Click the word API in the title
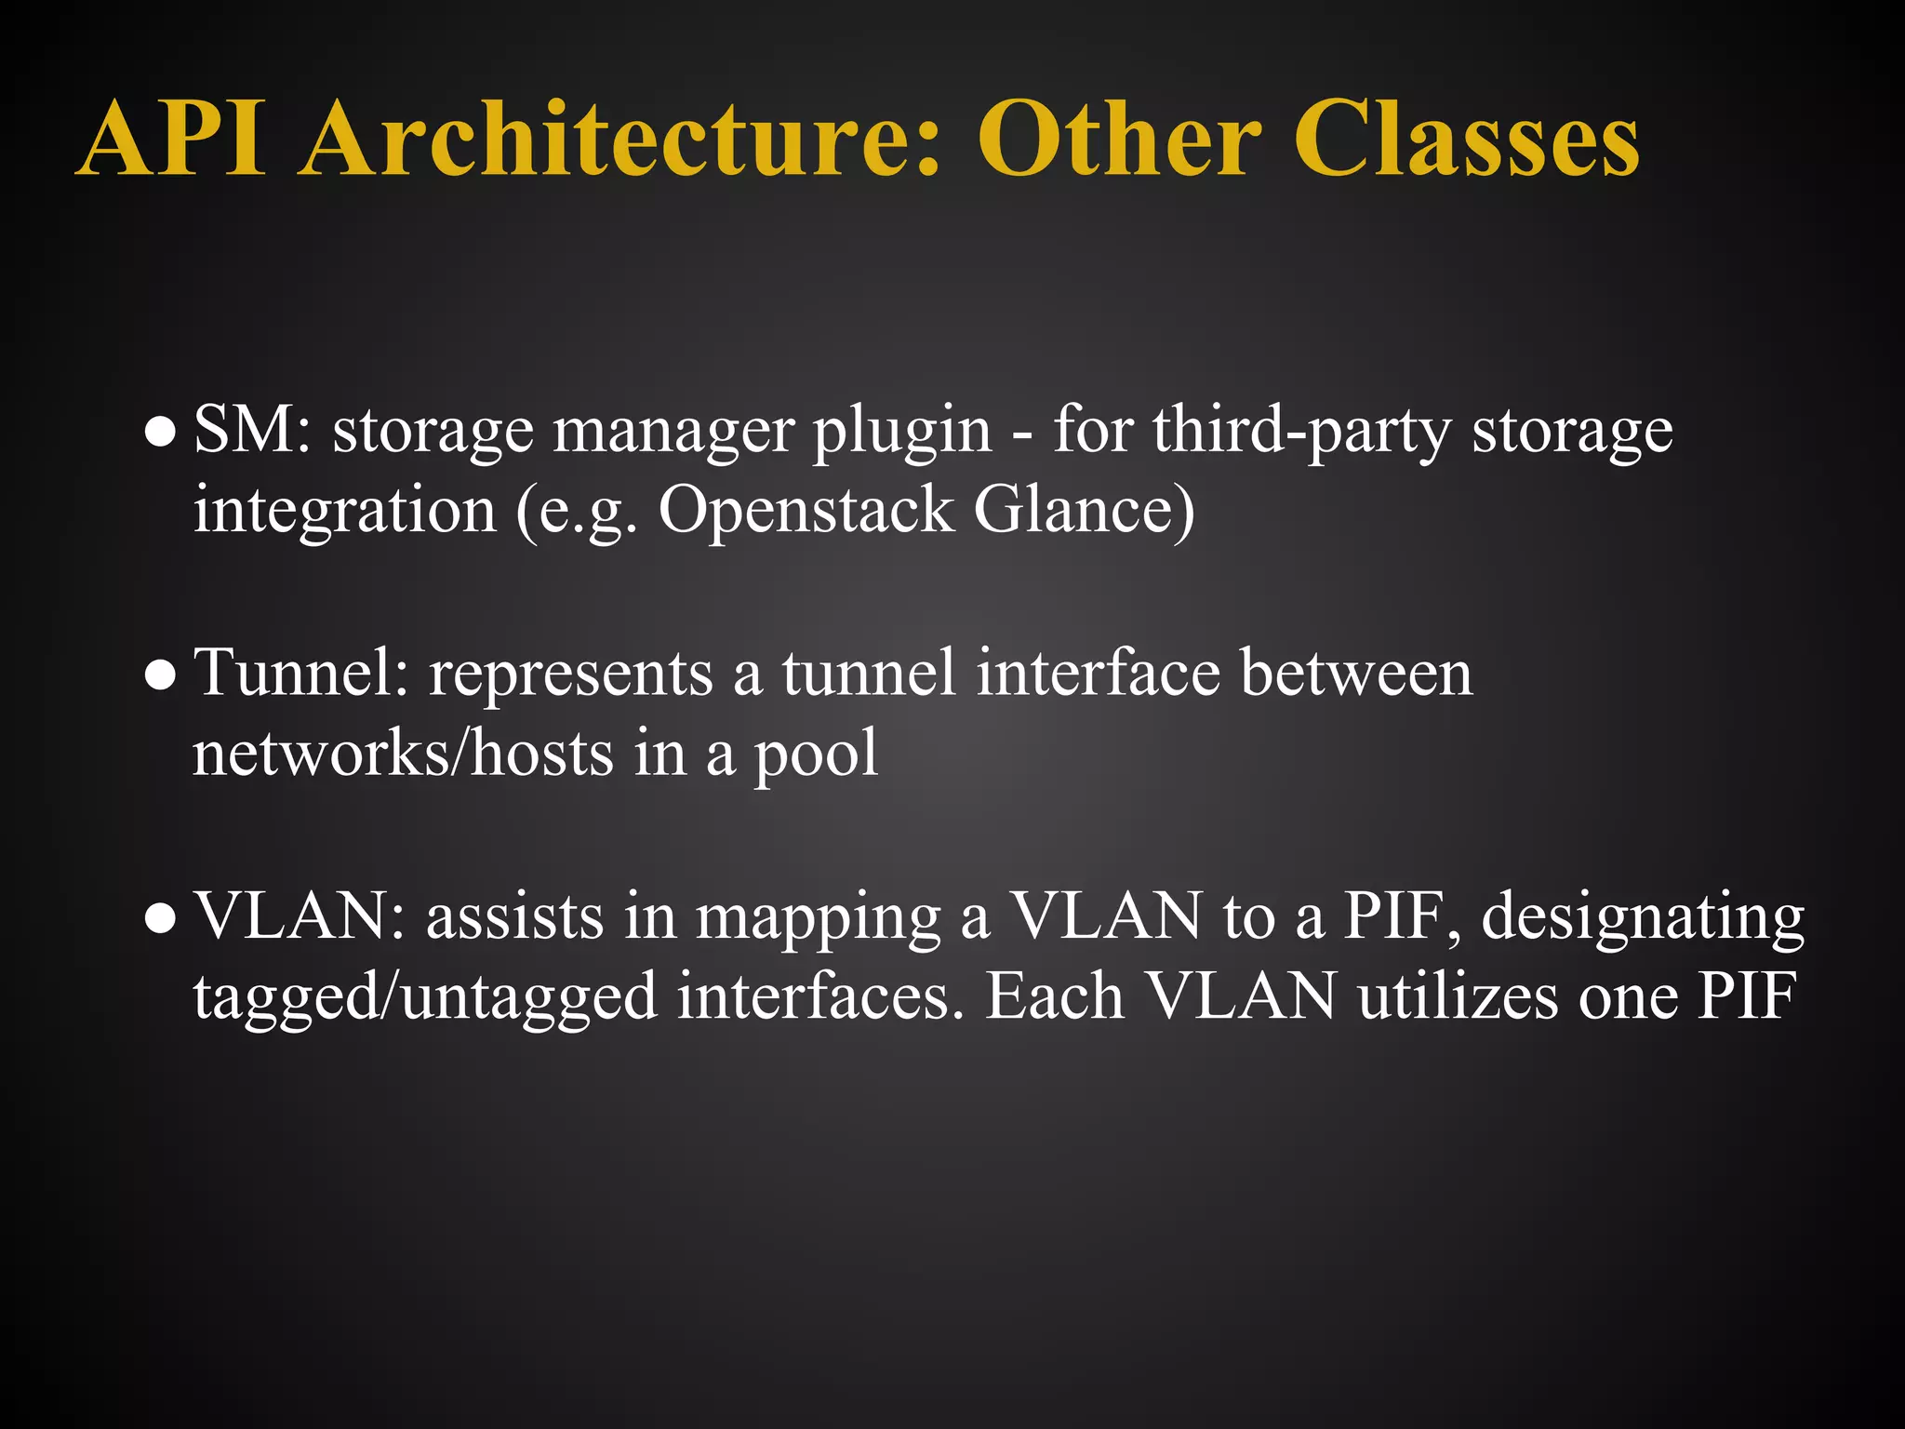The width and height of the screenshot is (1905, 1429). tap(173, 140)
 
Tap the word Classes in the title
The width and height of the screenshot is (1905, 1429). tap(1466, 140)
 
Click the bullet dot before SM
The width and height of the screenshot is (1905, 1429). tap(161, 434)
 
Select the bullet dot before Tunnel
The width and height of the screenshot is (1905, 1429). tap(161, 676)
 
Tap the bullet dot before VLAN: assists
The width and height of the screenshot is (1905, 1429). tap(161, 919)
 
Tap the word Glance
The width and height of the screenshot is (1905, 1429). tap(1084, 511)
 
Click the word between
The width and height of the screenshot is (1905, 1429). tap(1357, 674)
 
